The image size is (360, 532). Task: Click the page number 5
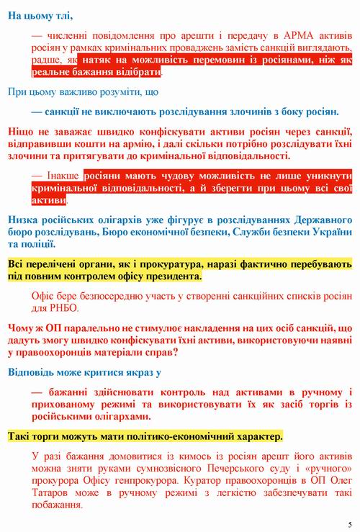coord(349,523)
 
